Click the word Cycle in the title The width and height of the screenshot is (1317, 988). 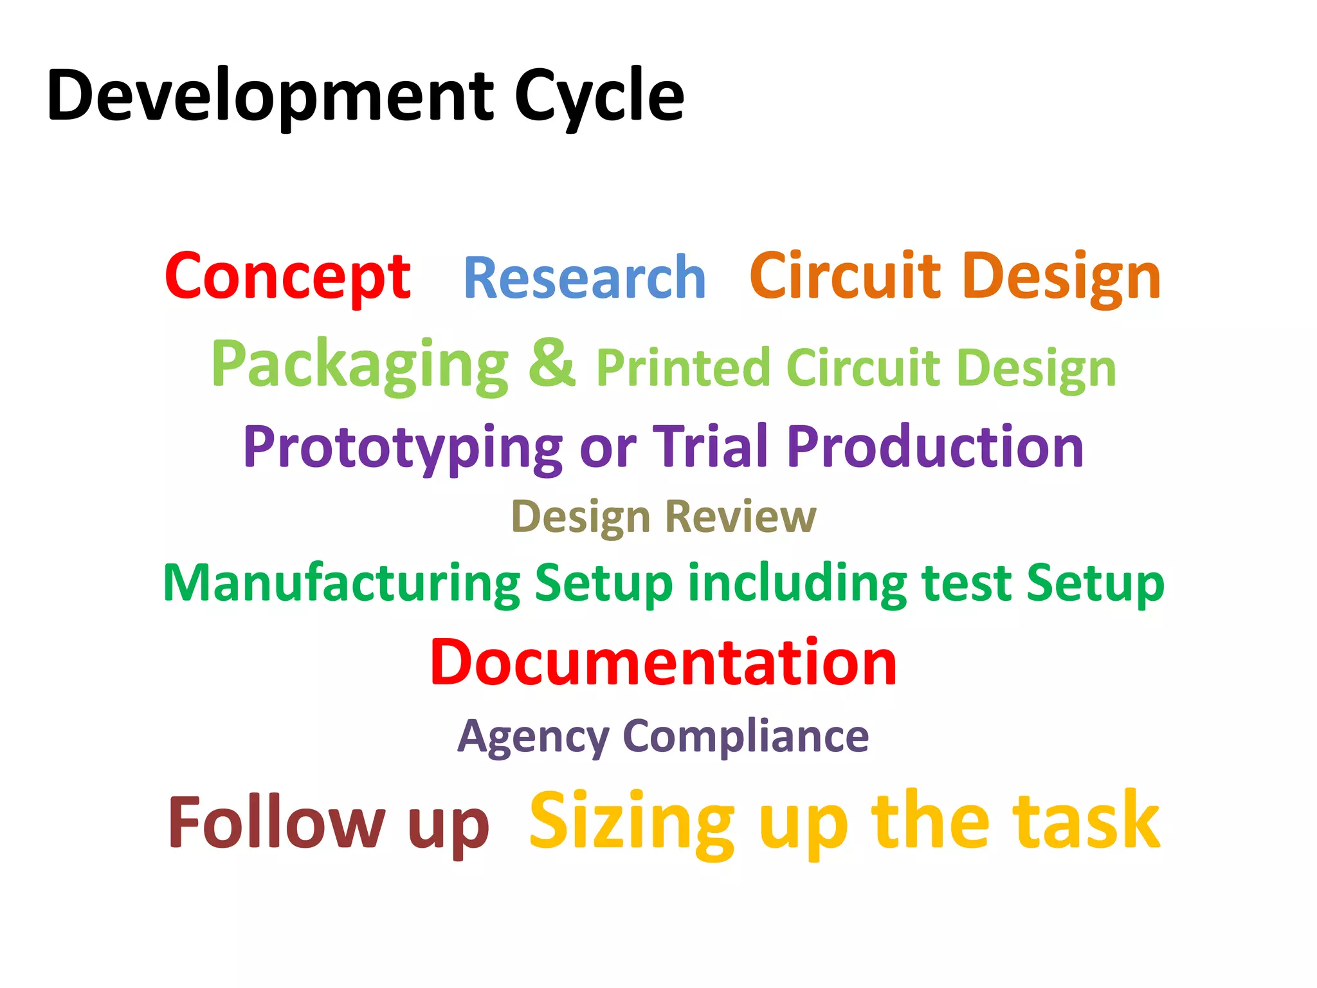click(599, 96)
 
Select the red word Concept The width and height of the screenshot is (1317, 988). click(287, 277)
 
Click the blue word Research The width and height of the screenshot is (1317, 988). click(585, 278)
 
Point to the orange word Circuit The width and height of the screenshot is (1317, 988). click(845, 277)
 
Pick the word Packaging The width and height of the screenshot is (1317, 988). click(360, 365)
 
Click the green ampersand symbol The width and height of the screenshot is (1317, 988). click(552, 363)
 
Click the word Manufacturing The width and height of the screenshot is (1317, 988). click(341, 583)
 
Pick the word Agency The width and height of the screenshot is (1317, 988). click(533, 736)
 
